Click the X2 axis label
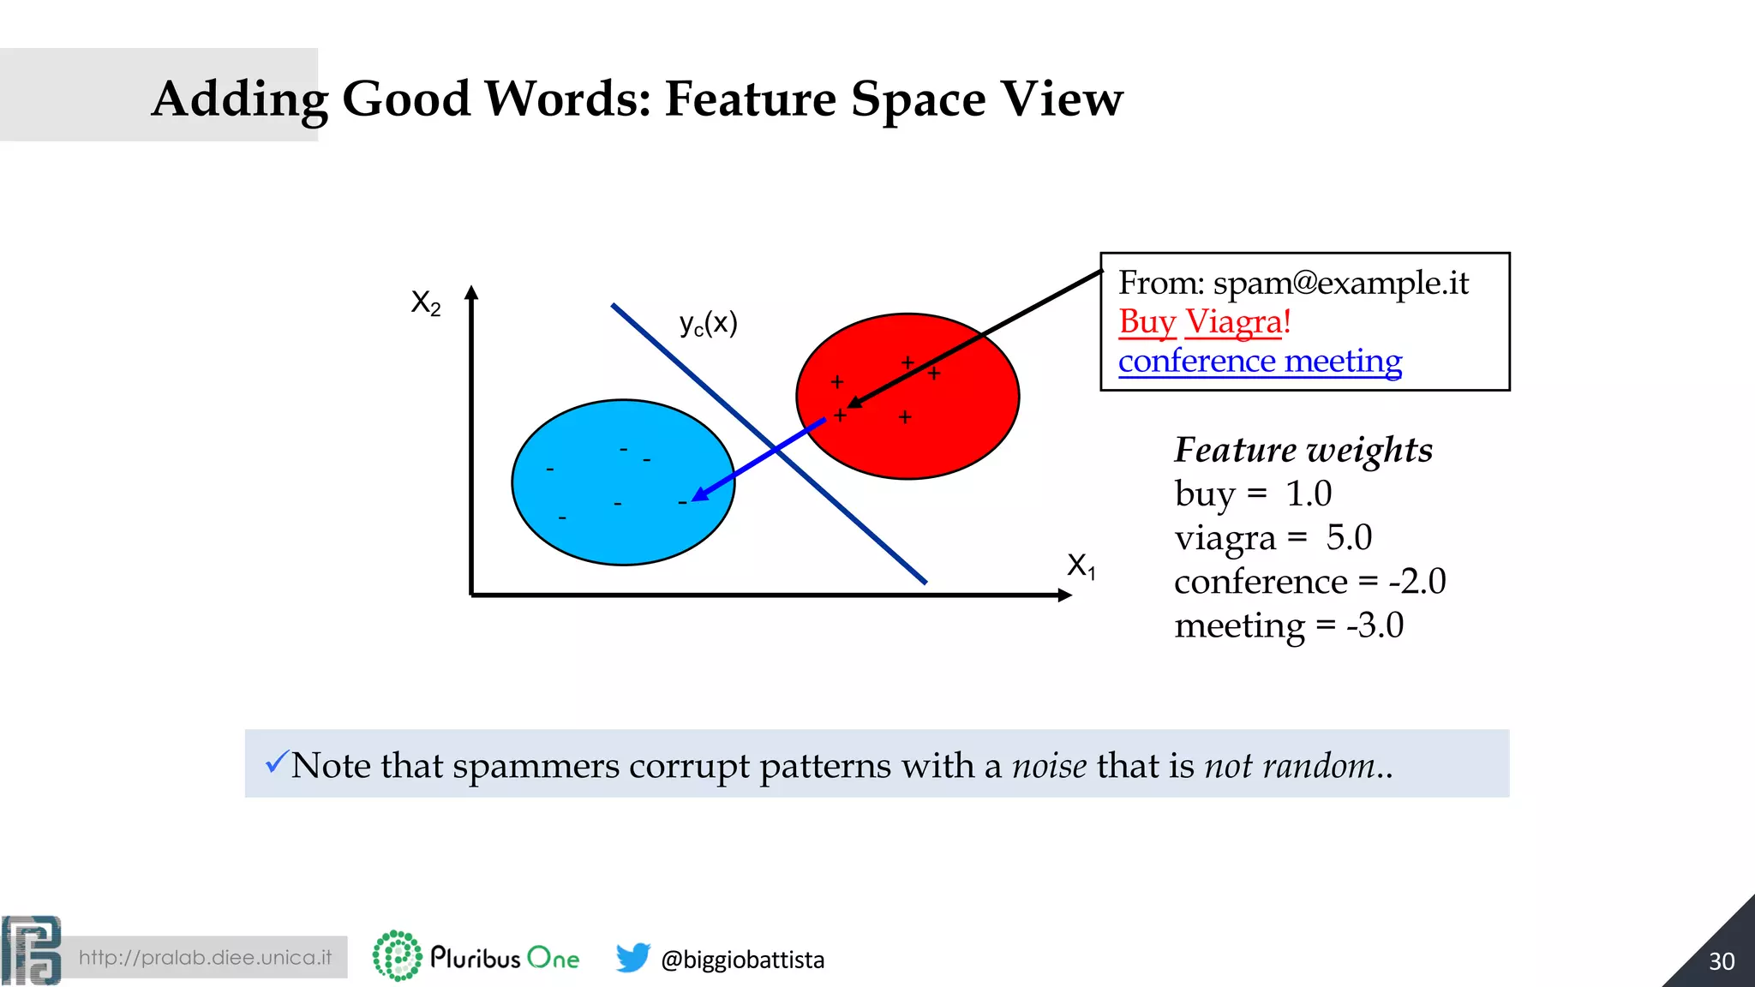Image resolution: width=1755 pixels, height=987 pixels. tap(426, 302)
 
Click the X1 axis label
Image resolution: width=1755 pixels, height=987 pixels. tap(1081, 565)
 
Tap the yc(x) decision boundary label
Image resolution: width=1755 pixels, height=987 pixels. tap(708, 324)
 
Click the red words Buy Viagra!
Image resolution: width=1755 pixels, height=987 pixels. tap(1204, 322)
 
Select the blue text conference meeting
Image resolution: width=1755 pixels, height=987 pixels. tap(1260, 361)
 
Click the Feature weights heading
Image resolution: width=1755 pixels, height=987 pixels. tap(1303, 450)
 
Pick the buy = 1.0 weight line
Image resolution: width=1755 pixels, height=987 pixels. tap(1253, 493)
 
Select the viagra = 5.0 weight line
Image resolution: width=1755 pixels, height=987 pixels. tap(1273, 538)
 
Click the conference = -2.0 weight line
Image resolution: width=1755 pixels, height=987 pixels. tap(1309, 582)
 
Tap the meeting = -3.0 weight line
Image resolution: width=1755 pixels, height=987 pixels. tap(1289, 625)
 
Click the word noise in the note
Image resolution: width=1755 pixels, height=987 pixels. tap(1049, 765)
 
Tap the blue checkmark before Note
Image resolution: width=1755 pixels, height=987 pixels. tap(276, 761)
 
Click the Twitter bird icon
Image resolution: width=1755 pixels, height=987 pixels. tap(632, 957)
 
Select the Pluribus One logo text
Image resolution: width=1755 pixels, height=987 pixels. tap(505, 957)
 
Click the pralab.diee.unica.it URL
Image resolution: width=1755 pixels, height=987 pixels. tap(205, 957)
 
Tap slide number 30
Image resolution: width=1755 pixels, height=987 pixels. tap(1721, 961)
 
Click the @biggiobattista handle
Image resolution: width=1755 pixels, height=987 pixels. tap(742, 960)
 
